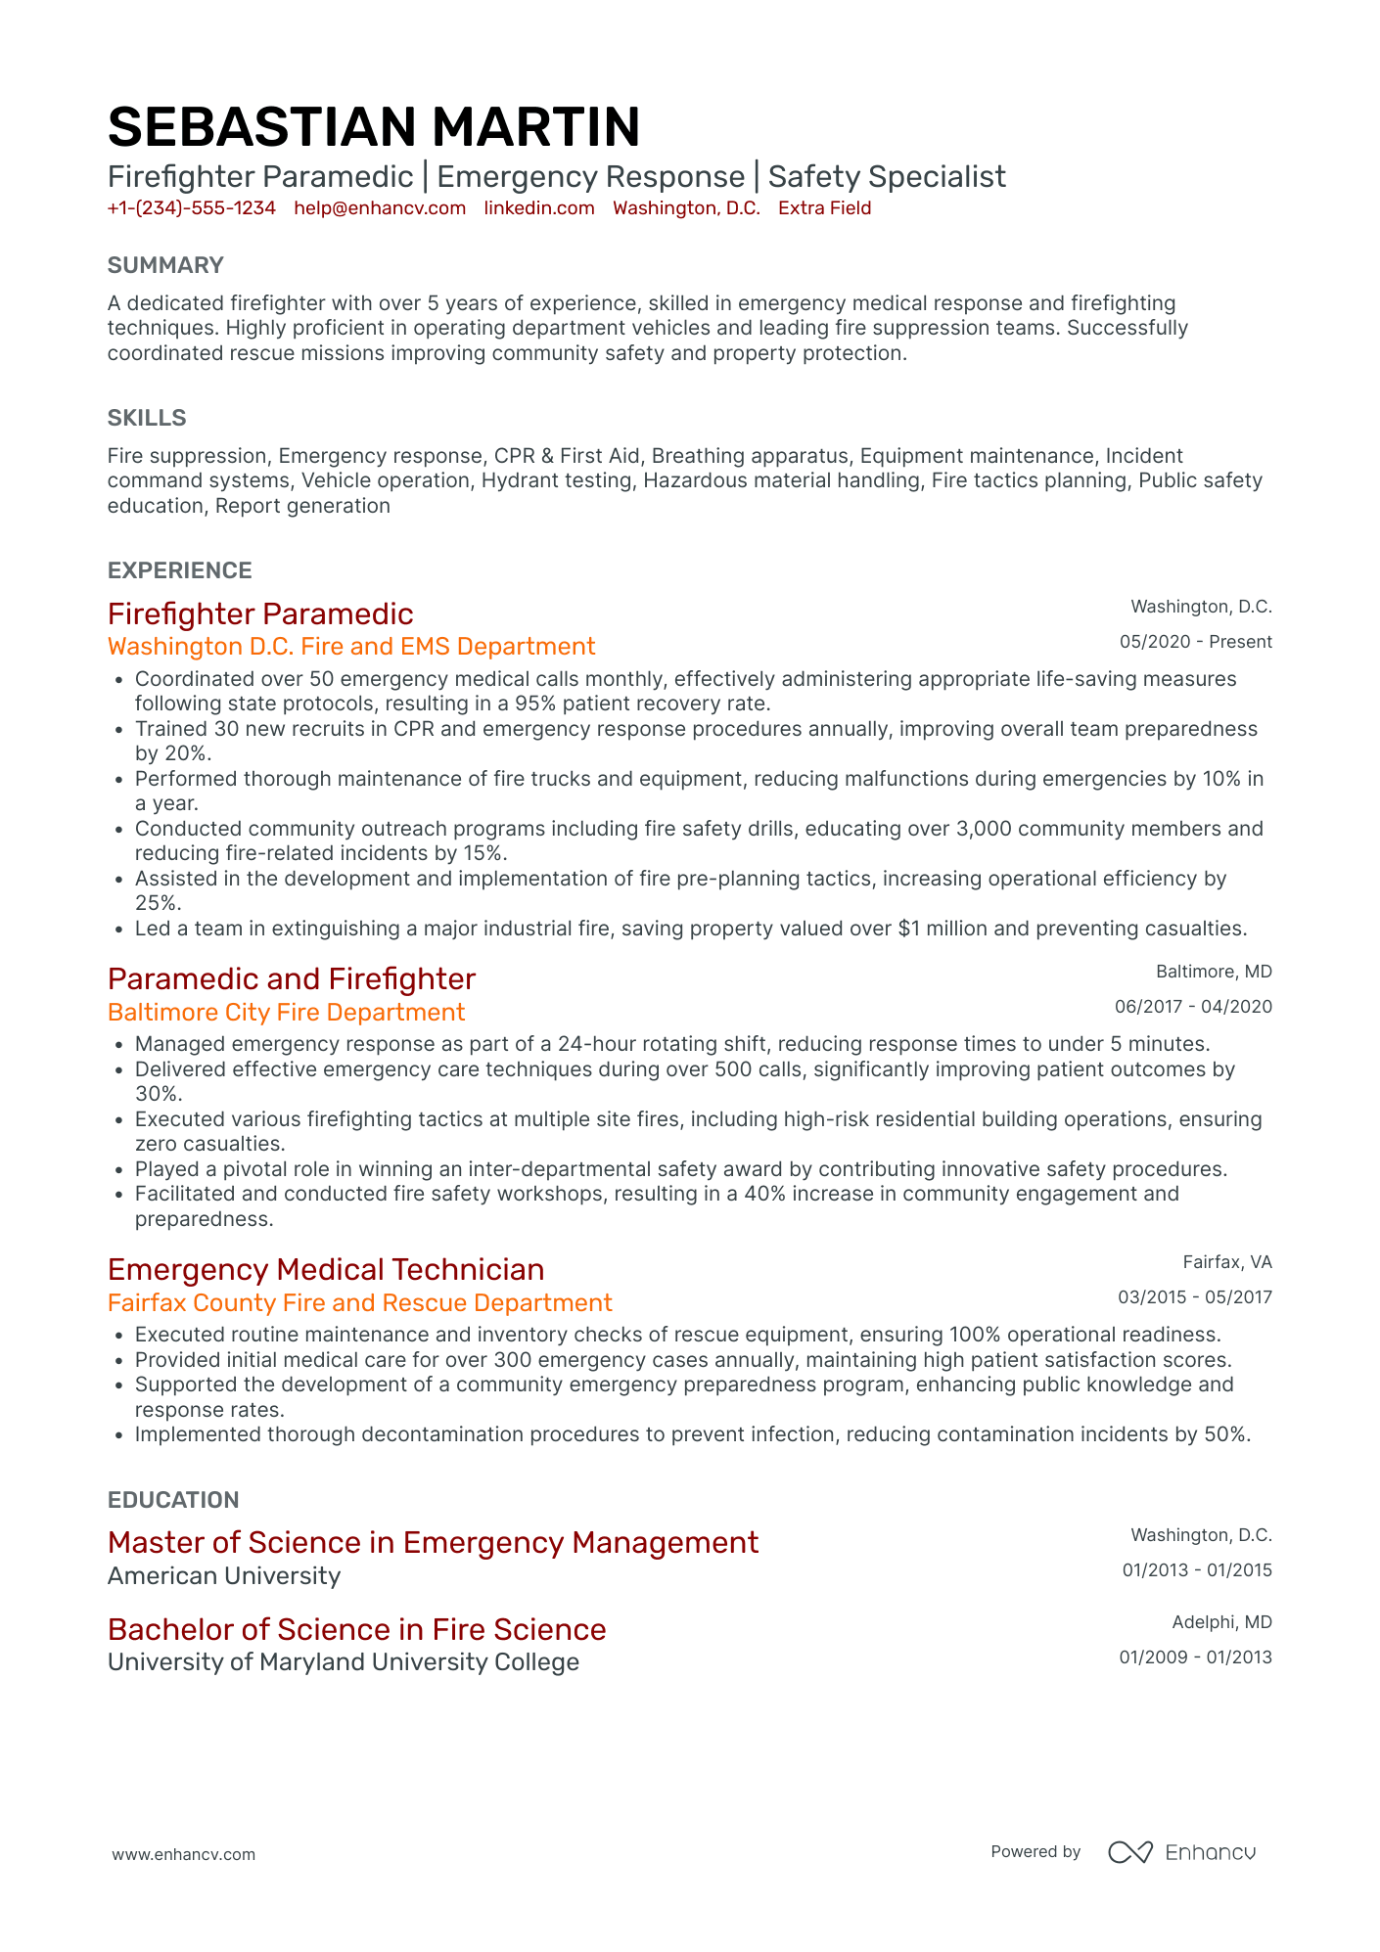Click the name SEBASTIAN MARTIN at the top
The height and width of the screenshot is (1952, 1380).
pyautogui.click(x=374, y=127)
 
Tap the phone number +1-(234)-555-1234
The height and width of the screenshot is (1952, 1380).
pyautogui.click(x=192, y=208)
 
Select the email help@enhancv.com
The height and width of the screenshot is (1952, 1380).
pyautogui.click(x=380, y=208)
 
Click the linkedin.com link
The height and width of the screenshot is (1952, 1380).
pyautogui.click(x=539, y=208)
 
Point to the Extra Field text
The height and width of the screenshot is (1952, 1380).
pyautogui.click(x=824, y=208)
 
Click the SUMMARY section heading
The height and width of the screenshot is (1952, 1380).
pyautogui.click(x=165, y=265)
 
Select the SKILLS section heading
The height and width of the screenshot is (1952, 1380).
pyautogui.click(x=147, y=418)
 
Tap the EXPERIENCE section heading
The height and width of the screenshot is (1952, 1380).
pyautogui.click(x=180, y=570)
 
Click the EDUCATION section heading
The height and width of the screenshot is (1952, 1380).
pyautogui.click(x=173, y=1500)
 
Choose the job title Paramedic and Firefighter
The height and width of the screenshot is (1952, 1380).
pyautogui.click(x=292, y=979)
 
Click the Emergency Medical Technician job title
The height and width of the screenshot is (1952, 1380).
pyautogui.click(x=326, y=1270)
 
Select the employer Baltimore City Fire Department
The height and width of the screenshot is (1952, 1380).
pyautogui.click(x=286, y=1013)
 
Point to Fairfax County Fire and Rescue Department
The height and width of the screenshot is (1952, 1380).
pyautogui.click(x=360, y=1303)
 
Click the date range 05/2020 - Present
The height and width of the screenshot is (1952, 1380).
pyautogui.click(x=1195, y=642)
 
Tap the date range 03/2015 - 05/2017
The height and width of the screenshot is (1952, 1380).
pyautogui.click(x=1195, y=1297)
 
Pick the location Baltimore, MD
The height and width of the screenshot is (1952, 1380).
pyautogui.click(x=1214, y=972)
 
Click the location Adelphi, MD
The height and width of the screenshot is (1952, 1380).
pyautogui.click(x=1221, y=1622)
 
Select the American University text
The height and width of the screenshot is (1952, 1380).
pyautogui.click(x=224, y=1576)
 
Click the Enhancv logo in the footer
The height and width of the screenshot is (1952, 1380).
pyautogui.click(x=1181, y=1852)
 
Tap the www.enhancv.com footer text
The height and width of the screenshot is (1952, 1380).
pyautogui.click(x=184, y=1854)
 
